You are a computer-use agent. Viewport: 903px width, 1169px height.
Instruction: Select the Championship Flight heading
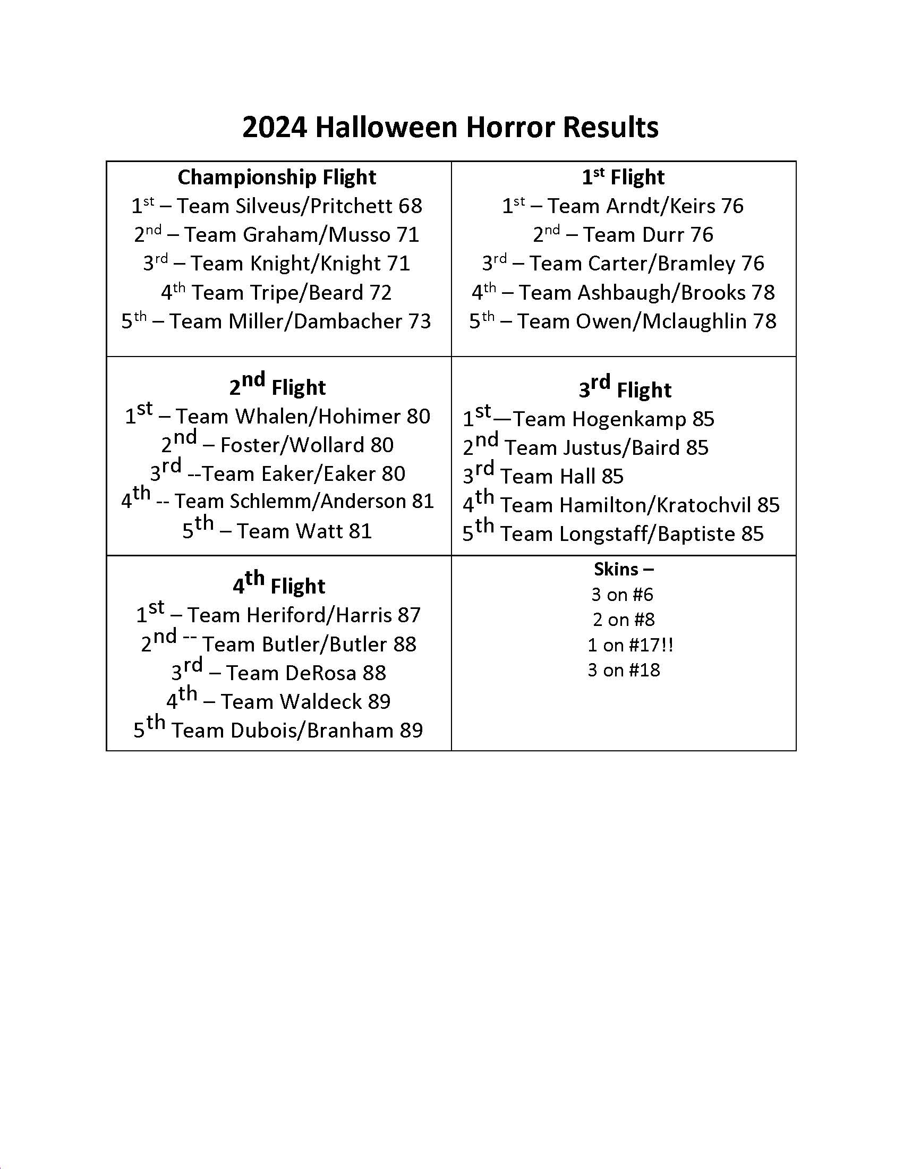(x=277, y=177)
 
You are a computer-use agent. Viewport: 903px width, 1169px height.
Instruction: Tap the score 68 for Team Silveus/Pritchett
(x=410, y=206)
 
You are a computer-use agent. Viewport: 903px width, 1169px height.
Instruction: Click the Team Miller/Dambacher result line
(x=276, y=321)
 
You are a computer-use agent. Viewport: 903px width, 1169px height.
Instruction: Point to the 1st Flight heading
(x=623, y=177)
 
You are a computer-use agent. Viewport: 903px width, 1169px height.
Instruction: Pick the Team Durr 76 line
(x=623, y=235)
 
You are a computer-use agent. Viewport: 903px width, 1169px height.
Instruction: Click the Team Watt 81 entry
(x=277, y=531)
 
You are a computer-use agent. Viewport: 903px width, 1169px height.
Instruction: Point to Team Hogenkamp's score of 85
(x=703, y=419)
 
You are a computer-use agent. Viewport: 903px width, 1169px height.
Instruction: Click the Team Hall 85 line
(x=543, y=477)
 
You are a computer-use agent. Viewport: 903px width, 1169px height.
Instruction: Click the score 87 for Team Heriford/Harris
(x=408, y=615)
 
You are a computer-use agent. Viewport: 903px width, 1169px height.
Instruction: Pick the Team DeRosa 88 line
(x=279, y=673)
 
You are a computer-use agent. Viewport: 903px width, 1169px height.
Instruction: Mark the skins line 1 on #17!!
(x=629, y=645)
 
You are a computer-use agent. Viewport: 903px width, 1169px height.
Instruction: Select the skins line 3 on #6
(x=622, y=595)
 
